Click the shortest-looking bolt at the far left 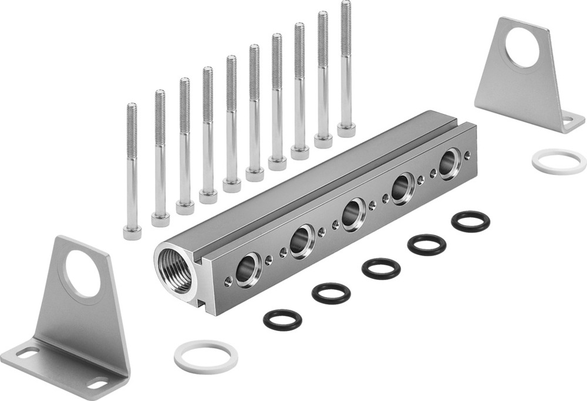(x=131, y=170)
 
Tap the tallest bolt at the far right (x=346, y=65)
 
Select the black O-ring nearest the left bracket (x=282, y=319)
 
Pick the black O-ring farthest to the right (x=471, y=222)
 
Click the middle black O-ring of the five (x=381, y=268)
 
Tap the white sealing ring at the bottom (x=206, y=356)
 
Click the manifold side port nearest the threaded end (x=246, y=270)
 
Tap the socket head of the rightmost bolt (x=346, y=130)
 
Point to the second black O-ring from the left (x=331, y=293)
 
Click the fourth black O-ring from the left (x=427, y=245)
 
